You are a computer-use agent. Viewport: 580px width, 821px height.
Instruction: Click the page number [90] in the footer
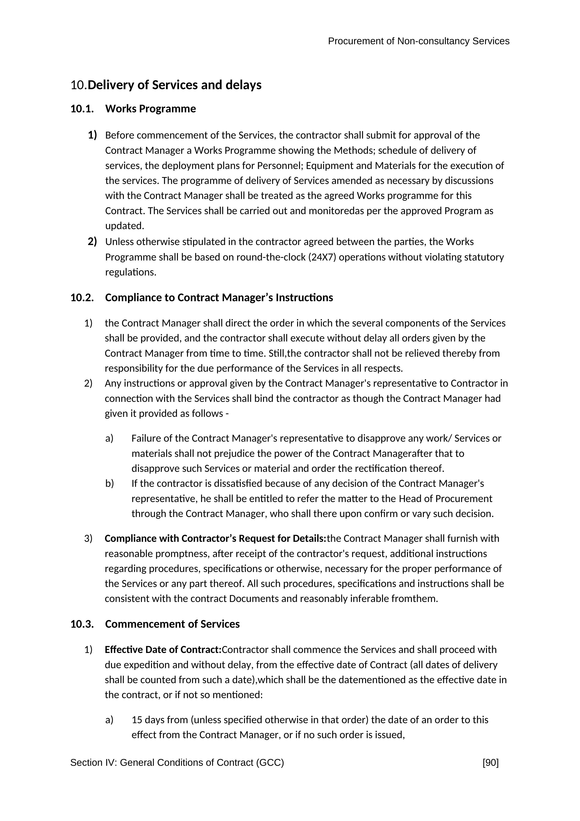(x=490, y=763)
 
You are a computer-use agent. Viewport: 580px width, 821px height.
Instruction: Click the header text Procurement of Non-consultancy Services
(x=418, y=41)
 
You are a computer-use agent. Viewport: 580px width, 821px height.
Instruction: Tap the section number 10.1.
(x=82, y=109)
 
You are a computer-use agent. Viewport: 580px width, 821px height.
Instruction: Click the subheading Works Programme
(x=150, y=109)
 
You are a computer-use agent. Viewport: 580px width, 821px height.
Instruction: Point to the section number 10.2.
(x=82, y=297)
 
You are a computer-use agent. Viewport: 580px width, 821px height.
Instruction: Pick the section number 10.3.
(x=82, y=624)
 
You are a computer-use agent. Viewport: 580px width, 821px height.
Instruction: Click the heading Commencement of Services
(x=172, y=624)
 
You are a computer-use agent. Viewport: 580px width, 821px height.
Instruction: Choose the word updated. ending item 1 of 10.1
(x=124, y=226)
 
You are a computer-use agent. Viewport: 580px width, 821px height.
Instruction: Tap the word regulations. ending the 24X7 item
(x=131, y=272)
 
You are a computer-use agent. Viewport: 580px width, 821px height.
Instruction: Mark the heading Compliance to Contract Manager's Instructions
(x=219, y=297)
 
